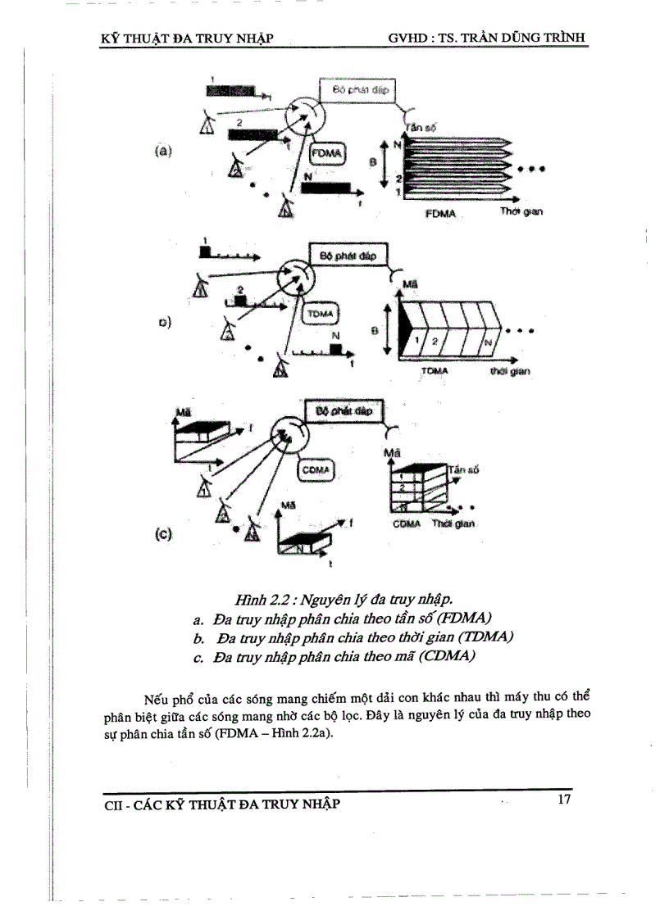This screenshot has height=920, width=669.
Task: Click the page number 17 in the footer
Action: tap(563, 800)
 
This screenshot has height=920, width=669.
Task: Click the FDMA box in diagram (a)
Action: tap(330, 153)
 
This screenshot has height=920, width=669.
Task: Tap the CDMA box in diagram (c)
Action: tap(316, 469)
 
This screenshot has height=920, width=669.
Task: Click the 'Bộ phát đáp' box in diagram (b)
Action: tap(347, 255)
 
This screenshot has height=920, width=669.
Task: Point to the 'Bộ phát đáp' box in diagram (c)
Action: tap(344, 411)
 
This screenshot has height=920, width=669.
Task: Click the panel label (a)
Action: tap(162, 152)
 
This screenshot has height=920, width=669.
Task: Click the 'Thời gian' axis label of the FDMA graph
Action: tap(522, 212)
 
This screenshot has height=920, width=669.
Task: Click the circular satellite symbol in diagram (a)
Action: tap(303, 114)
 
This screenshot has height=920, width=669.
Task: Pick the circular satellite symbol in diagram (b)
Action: tap(294, 279)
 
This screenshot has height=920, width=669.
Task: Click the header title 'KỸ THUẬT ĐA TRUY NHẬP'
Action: tap(186, 37)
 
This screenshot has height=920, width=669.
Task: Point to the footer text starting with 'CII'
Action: tap(222, 804)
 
